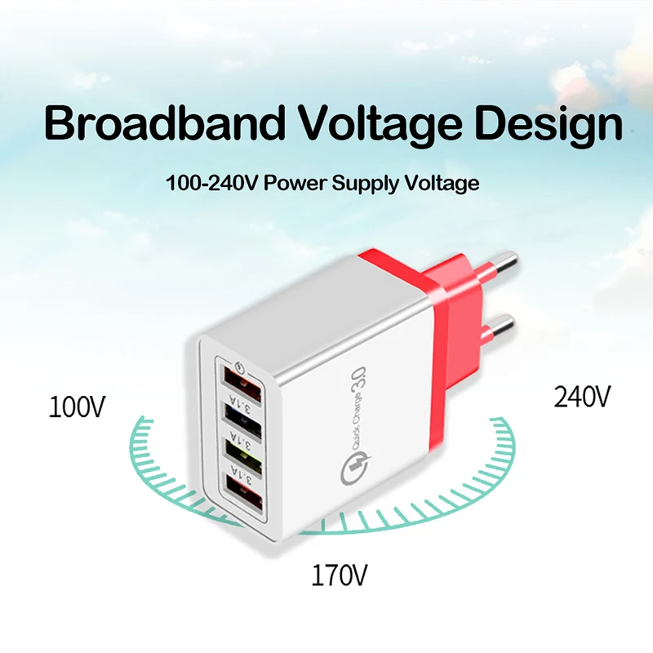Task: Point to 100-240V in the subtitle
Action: pyautogui.click(x=205, y=183)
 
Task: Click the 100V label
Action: pyautogui.click(x=77, y=406)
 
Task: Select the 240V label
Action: pyautogui.click(x=582, y=397)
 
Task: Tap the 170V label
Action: pyautogui.click(x=340, y=576)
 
